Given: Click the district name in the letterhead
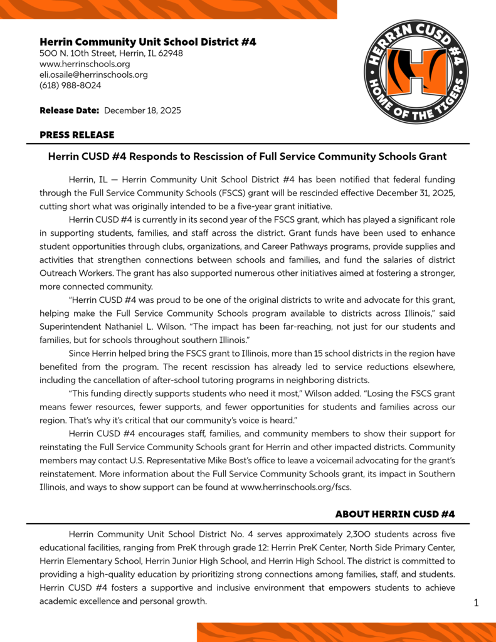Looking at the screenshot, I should (x=147, y=42).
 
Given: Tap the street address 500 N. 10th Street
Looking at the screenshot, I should (x=111, y=53).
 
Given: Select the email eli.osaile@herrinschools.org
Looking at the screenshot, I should (x=93, y=75).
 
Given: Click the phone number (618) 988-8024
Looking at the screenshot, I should (x=70, y=85).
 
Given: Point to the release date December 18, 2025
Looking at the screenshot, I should (x=142, y=110).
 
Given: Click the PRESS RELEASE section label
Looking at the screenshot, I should (x=77, y=135).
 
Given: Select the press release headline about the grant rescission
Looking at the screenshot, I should (x=248, y=156).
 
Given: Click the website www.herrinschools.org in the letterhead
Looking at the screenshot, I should (x=85, y=64).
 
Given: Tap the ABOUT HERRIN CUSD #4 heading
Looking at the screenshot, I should (x=394, y=514).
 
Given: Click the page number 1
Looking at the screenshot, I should (x=476, y=603).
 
